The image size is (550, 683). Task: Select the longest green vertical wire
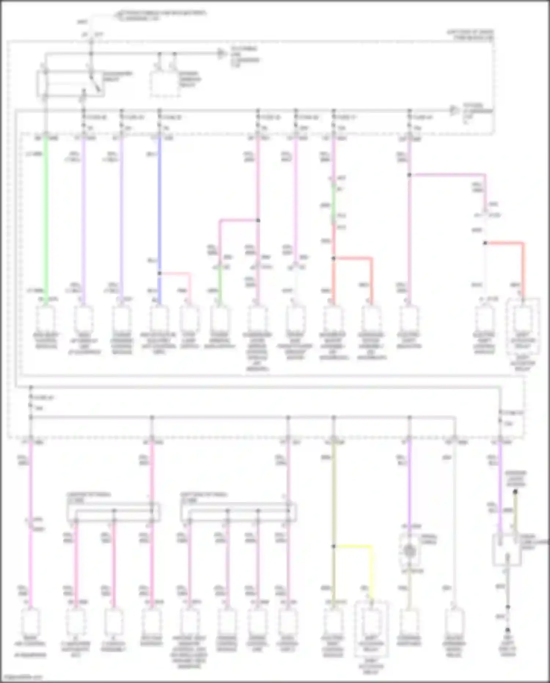point(46,220)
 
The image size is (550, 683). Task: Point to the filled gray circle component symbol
point(409,550)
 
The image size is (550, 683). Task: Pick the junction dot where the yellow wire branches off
point(334,546)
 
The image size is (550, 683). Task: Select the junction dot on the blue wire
point(159,273)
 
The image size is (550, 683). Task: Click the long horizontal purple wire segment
point(447,175)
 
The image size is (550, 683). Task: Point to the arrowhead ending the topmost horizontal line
point(221,54)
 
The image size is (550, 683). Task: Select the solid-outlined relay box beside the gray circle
point(506,549)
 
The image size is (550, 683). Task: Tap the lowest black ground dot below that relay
point(508,630)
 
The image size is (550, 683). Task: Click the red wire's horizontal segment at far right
point(504,243)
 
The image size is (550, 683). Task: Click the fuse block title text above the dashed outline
point(470,35)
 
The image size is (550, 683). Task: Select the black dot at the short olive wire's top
point(515,492)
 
